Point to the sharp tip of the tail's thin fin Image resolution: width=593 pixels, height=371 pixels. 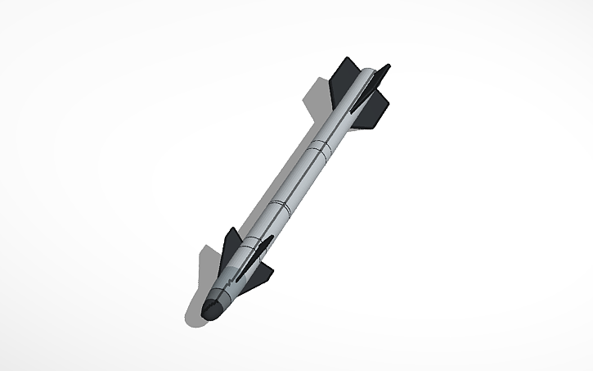389,66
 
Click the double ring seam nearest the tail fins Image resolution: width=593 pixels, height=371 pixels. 320,150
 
